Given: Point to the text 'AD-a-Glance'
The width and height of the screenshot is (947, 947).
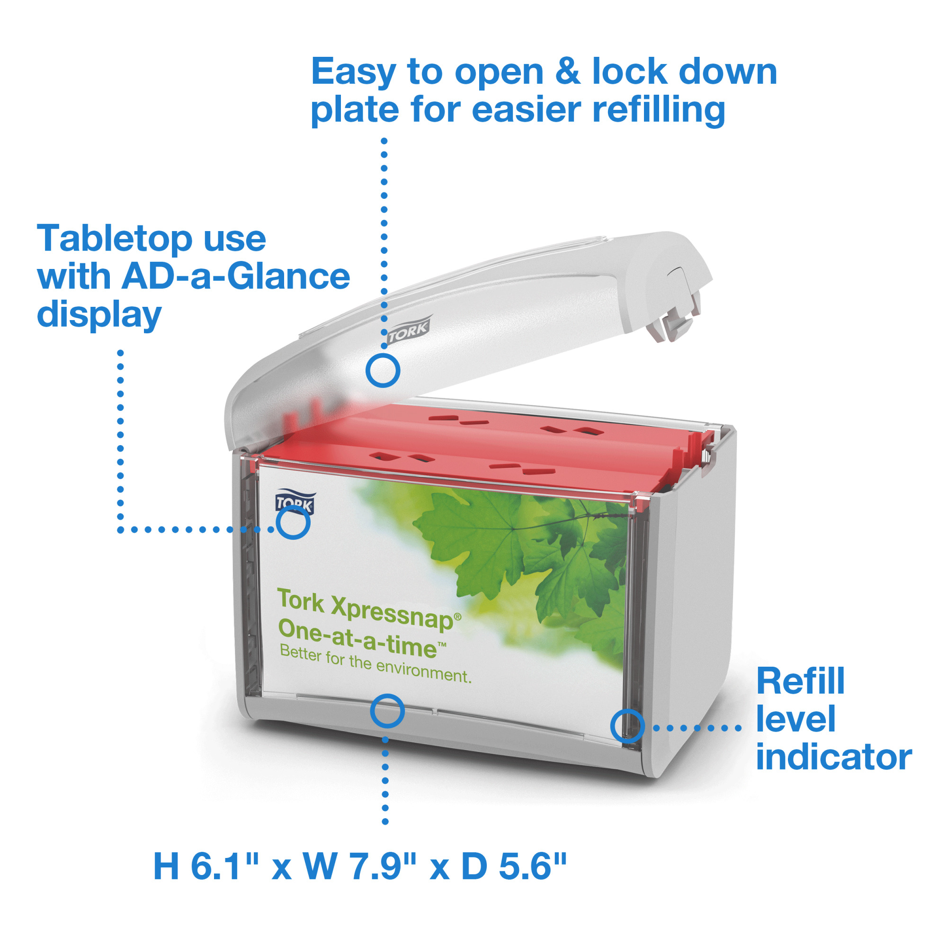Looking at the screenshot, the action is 236,277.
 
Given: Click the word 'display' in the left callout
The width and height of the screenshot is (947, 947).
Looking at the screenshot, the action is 99,315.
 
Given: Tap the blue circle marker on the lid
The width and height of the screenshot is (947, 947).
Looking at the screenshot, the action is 383,371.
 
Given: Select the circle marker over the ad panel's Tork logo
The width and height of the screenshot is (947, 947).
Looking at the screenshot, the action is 293,523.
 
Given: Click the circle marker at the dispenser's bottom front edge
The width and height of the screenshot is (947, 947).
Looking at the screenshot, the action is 387,711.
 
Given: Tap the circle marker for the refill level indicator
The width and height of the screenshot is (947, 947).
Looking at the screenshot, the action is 627,726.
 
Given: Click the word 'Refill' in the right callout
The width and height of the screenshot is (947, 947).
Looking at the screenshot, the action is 800,681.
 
